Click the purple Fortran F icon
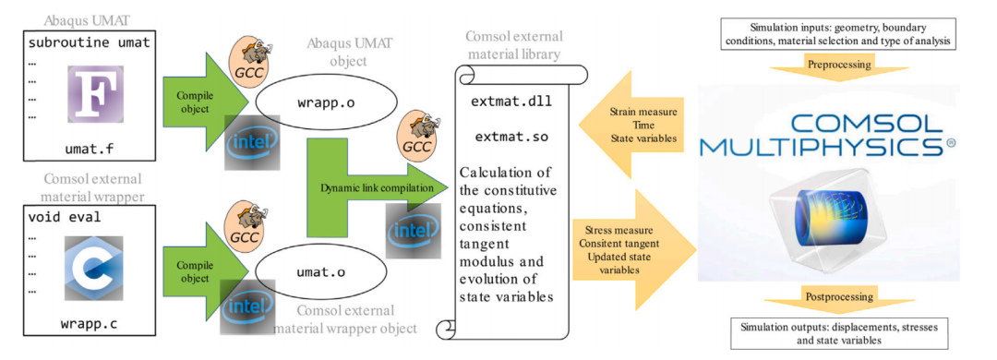click(x=95, y=93)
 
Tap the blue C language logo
click(x=95, y=265)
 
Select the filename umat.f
click(x=90, y=148)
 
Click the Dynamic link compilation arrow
click(x=371, y=188)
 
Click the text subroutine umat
click(x=89, y=42)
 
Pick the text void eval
click(x=66, y=217)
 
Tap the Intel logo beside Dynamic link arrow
click(x=414, y=230)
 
